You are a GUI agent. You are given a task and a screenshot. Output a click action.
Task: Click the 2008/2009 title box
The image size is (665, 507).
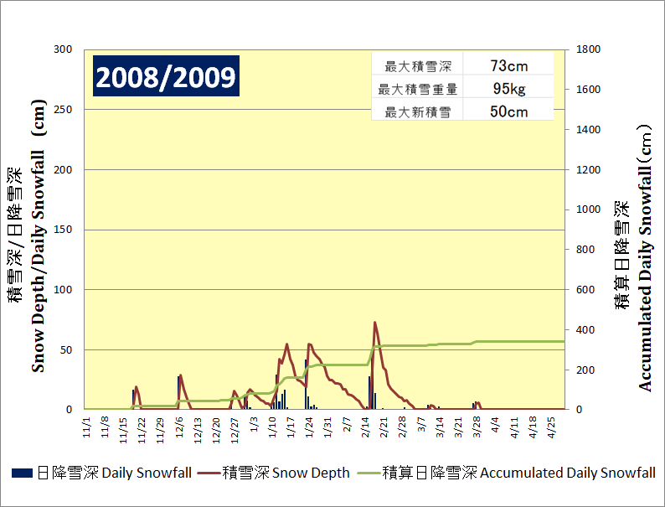point(165,77)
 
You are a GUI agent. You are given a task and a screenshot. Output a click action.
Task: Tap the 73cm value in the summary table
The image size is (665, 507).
point(508,65)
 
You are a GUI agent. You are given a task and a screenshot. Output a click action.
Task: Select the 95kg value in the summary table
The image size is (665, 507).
point(508,88)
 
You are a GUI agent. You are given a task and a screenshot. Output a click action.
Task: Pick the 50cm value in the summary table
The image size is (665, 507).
point(508,111)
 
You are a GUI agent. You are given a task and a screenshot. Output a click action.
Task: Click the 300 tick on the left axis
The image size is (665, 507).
point(64,49)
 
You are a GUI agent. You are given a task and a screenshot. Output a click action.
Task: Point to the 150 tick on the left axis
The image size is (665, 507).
point(64,230)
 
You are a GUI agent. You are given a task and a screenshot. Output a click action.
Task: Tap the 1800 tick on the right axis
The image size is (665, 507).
point(588,49)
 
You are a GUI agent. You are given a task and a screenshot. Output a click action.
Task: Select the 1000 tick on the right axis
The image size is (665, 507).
point(588,210)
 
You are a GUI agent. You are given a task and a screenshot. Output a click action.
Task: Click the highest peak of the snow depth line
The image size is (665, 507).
point(374,322)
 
